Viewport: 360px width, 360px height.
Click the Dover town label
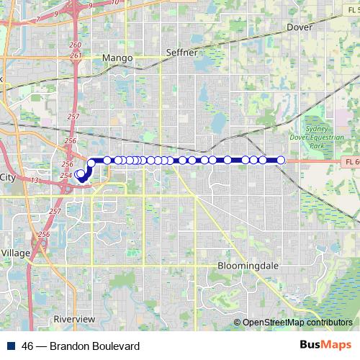pos(300,27)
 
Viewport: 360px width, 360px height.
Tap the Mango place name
pos(117,58)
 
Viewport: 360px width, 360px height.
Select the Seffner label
pos(181,52)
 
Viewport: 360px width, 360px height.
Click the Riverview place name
pos(74,318)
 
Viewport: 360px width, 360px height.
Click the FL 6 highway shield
pos(348,164)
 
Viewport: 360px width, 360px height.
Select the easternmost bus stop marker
pos(281,160)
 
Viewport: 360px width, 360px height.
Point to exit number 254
pos(66,176)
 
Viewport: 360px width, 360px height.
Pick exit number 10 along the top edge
pos(116,3)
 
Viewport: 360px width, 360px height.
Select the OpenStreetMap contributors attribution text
pos(297,323)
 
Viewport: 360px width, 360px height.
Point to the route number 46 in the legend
pos(27,346)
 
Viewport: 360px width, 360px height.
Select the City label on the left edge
pos(8,177)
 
